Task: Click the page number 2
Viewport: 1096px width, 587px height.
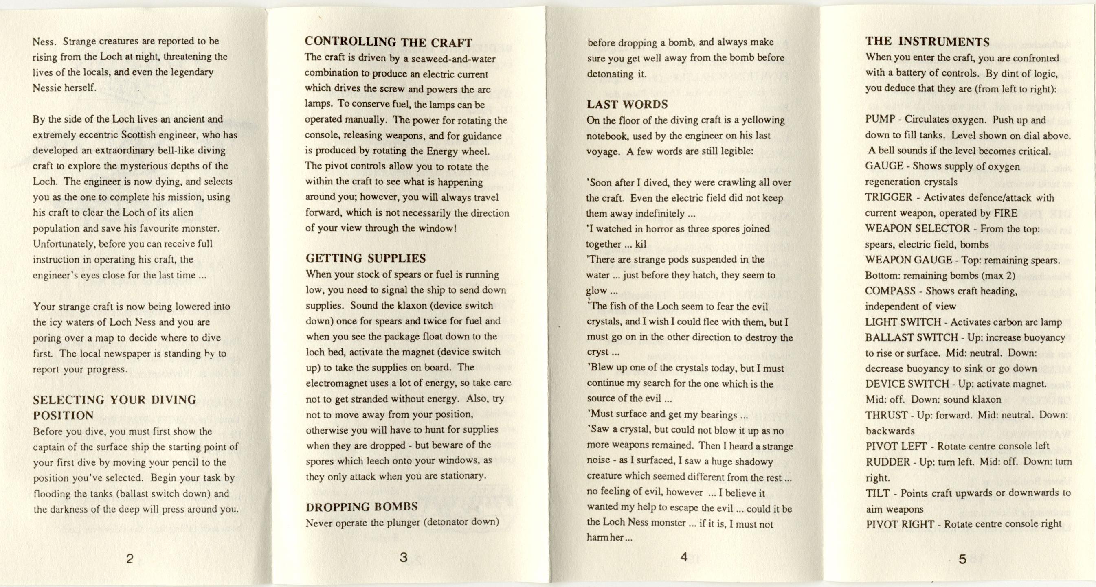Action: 130,559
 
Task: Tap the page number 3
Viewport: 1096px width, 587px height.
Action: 404,557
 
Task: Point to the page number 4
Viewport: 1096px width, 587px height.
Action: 684,557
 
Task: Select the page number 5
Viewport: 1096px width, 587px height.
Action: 962,559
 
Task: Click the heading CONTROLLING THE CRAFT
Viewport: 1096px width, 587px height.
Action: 389,42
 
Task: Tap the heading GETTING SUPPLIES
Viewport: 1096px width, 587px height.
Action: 366,258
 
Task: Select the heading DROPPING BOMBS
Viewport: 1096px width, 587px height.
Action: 362,507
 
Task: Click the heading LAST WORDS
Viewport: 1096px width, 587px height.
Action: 628,104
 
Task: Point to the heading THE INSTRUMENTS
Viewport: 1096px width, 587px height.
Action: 927,42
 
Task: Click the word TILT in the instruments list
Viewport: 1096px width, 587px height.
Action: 877,493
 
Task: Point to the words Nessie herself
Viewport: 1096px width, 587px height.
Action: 64,88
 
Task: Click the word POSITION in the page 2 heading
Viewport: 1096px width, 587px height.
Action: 63,416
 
